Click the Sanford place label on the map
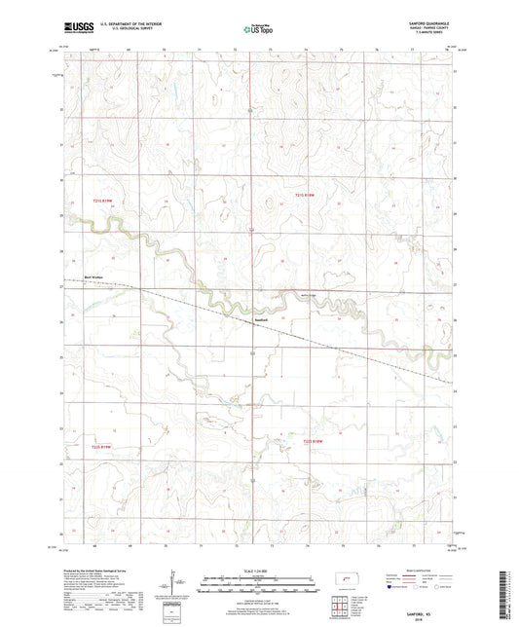point(260,318)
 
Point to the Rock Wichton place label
point(94,277)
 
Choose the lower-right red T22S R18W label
point(313,441)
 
